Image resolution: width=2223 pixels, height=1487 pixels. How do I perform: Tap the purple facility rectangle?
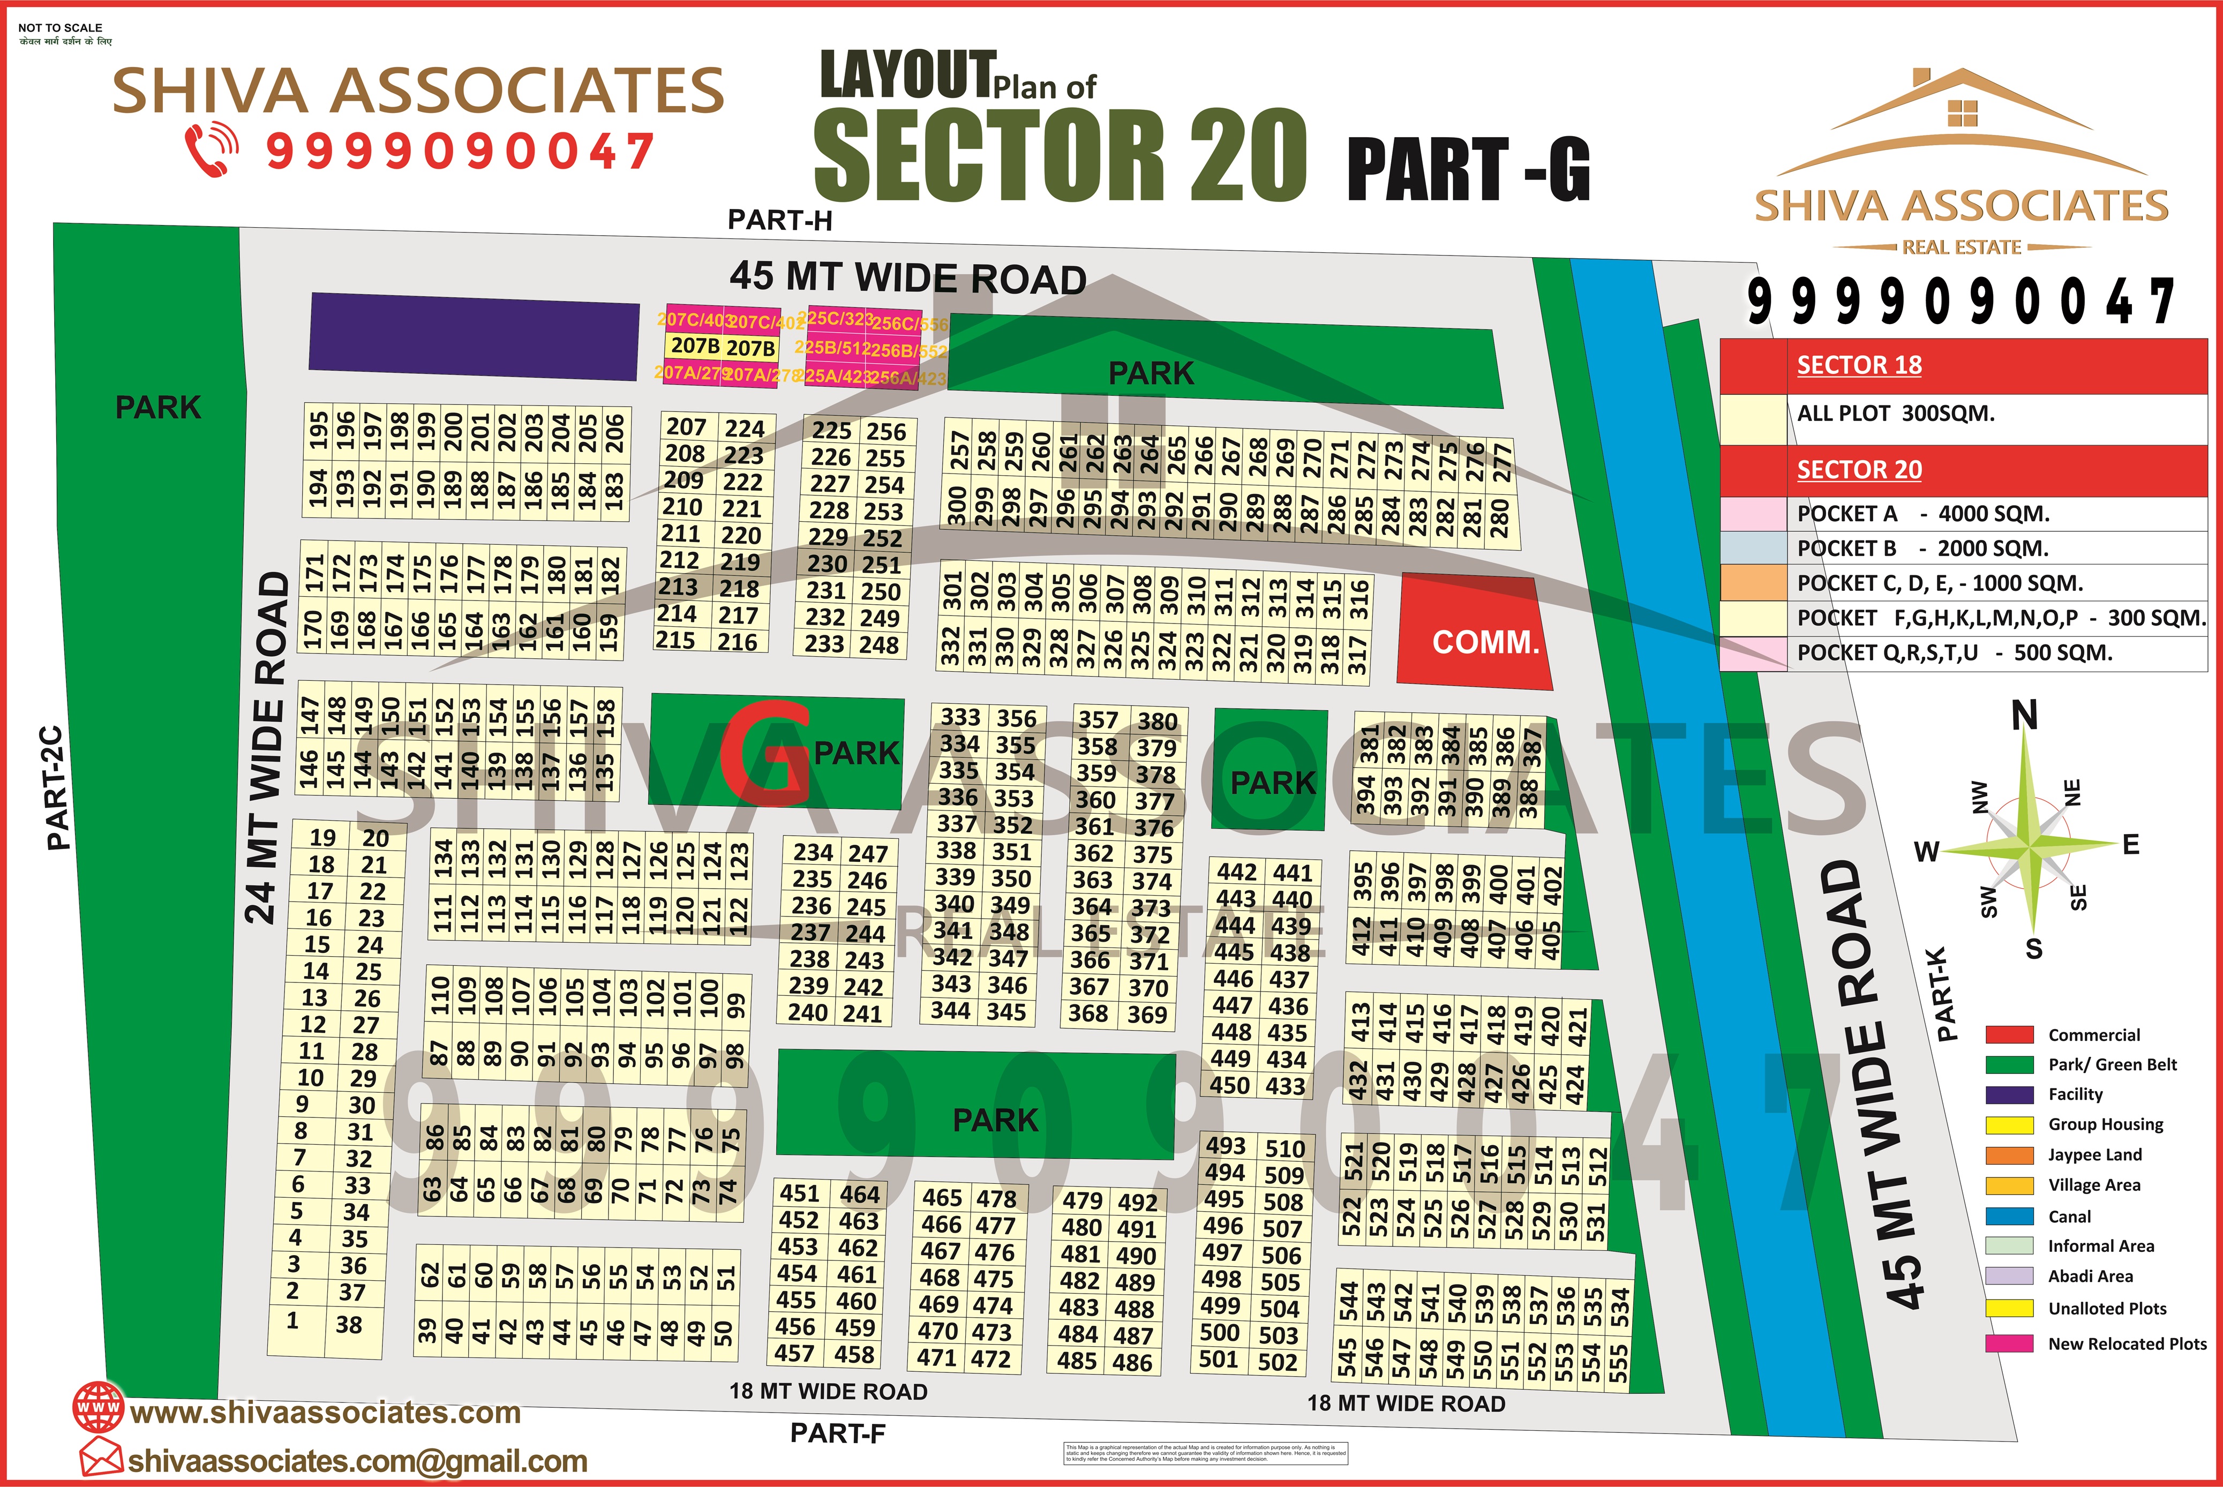click(x=474, y=336)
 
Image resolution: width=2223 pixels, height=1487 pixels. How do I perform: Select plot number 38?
click(x=349, y=1324)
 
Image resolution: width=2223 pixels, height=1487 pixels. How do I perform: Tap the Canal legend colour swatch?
click(x=2009, y=1216)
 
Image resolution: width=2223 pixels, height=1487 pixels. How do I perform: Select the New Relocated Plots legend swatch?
click(x=2009, y=1343)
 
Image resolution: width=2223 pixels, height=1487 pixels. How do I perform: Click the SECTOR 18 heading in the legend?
click(x=1859, y=365)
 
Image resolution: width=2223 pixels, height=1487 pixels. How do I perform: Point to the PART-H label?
click(x=779, y=220)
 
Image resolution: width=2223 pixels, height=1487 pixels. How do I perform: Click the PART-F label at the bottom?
click(x=837, y=1433)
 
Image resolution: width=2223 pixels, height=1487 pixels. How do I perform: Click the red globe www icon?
click(x=99, y=1408)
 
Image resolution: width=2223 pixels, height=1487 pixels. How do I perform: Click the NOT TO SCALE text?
click(x=60, y=27)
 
